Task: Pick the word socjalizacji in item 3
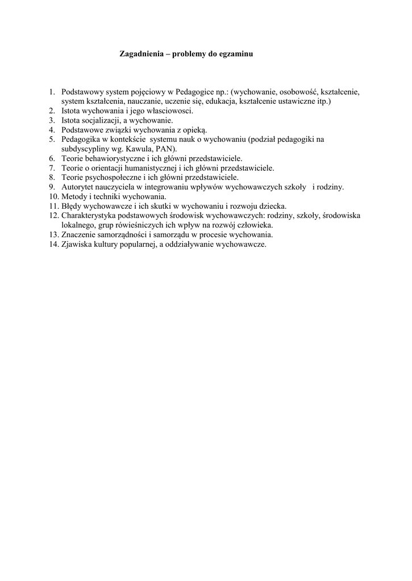100,120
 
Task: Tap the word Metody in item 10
75,196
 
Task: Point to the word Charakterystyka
90,216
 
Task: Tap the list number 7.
51,168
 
